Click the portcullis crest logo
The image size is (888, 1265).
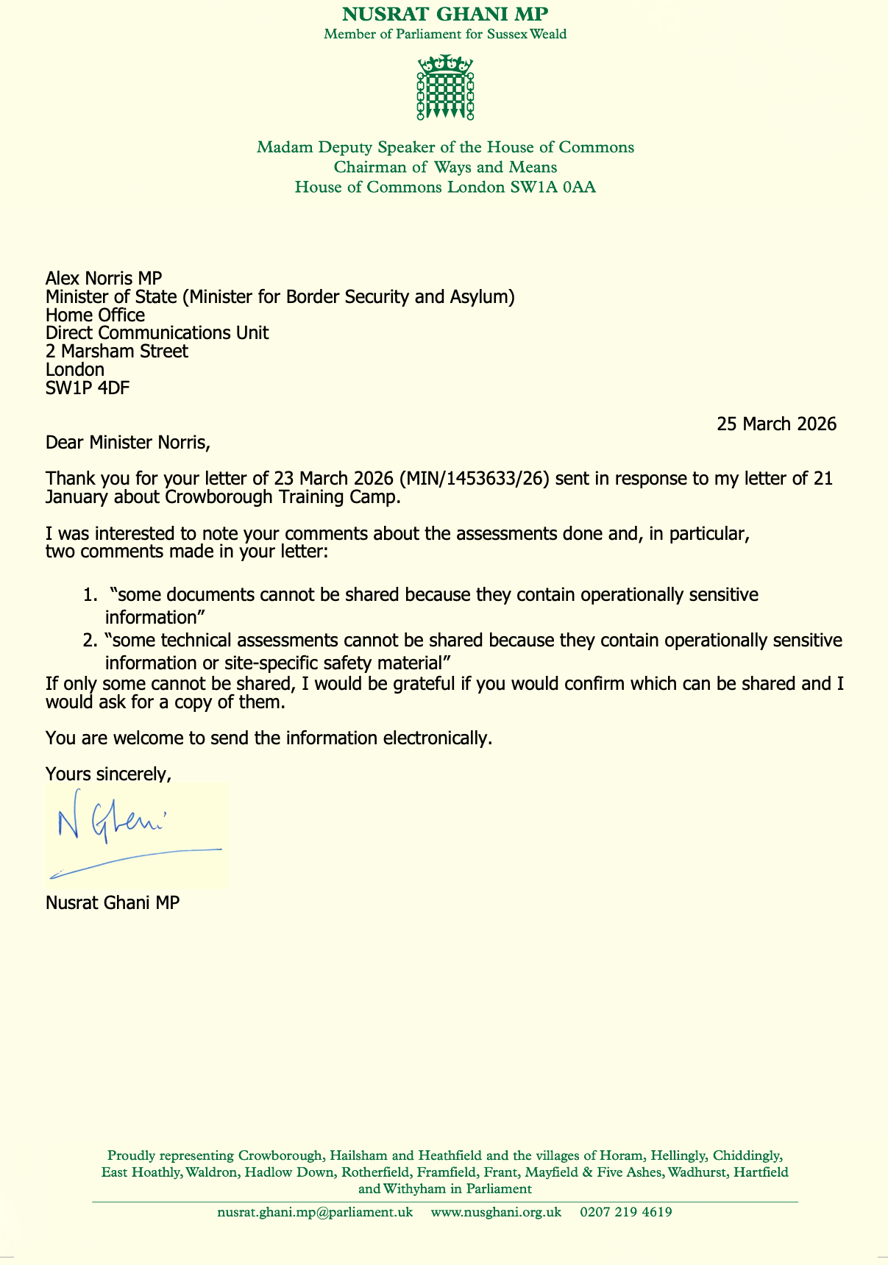445,87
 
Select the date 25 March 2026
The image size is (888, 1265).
777,424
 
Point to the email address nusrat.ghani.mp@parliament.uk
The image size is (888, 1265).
315,1212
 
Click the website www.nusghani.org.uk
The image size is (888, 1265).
496,1212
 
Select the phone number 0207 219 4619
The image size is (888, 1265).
626,1212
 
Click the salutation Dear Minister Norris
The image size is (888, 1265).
128,443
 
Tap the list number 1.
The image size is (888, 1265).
88,595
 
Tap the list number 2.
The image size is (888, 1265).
89,641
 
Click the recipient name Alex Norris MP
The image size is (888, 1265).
103,278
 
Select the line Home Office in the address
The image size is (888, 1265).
95,315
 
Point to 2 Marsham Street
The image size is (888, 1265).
117,351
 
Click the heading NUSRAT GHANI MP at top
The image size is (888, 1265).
445,14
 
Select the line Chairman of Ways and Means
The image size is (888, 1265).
445,167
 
